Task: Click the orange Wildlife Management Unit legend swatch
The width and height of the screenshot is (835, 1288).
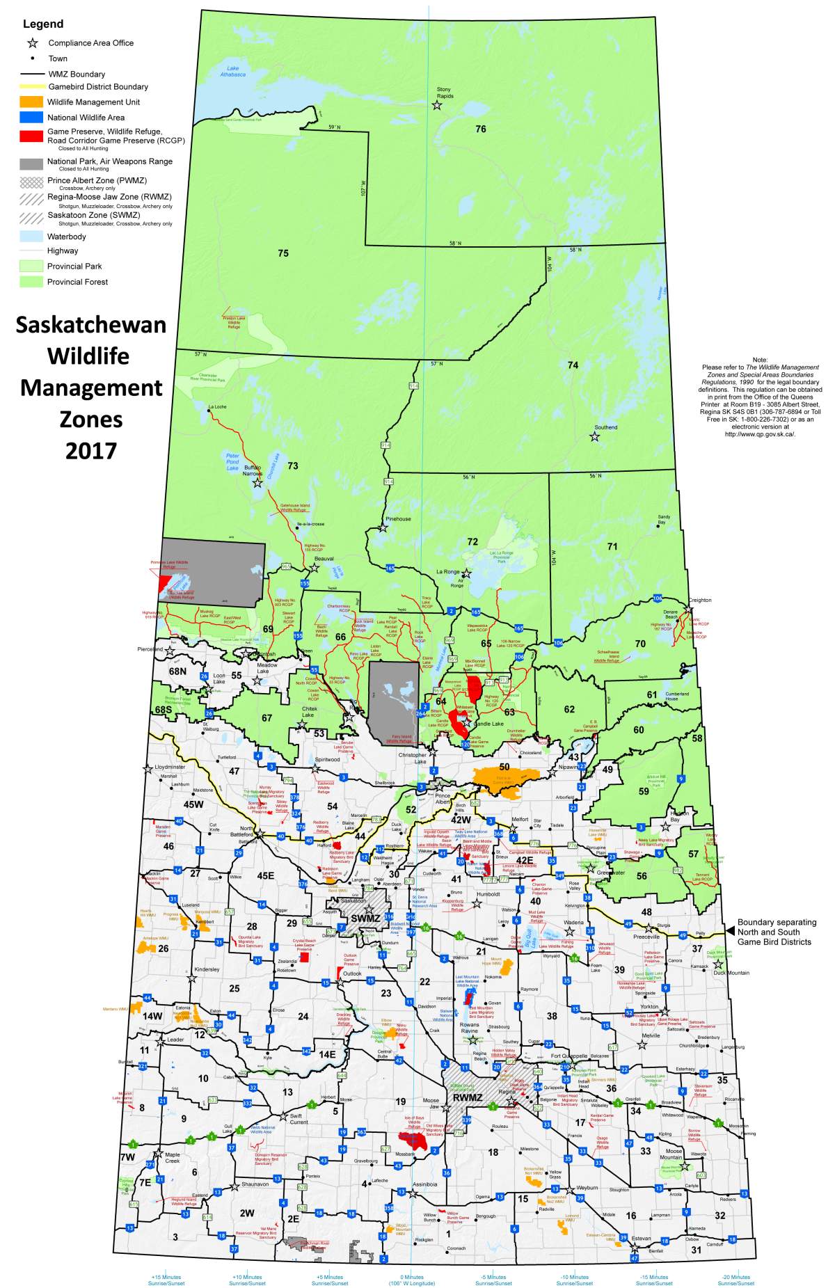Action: (32, 102)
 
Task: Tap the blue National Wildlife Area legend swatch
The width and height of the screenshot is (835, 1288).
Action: (32, 118)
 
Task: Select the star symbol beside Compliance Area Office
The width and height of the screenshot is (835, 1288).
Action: (32, 43)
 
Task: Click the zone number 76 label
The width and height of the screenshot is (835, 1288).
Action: (480, 129)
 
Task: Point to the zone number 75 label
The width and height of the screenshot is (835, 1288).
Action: (283, 253)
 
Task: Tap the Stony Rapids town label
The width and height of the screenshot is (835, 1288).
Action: (444, 93)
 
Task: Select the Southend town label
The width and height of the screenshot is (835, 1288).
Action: (605, 427)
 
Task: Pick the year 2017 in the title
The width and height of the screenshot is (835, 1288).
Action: (91, 451)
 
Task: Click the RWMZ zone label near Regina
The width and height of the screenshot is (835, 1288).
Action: (467, 1097)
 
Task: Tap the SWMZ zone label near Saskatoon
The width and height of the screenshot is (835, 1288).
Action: (365, 919)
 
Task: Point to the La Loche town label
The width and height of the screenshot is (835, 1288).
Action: (217, 406)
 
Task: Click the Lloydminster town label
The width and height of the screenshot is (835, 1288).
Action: (170, 767)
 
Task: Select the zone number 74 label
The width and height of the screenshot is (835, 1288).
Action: (573, 365)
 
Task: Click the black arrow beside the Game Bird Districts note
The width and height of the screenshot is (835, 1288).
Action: (730, 931)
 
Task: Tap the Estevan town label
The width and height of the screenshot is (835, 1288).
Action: (641, 1238)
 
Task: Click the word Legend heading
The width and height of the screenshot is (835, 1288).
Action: (43, 24)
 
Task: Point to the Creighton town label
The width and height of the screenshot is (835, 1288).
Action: (700, 600)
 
